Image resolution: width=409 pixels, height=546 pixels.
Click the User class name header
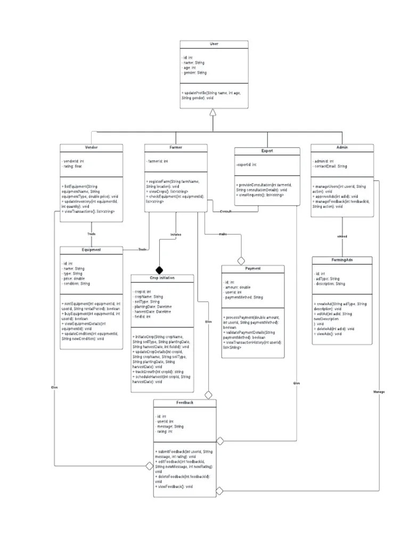(213, 44)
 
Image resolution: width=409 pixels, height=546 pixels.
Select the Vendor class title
(91, 147)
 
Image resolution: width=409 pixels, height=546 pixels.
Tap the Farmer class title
(176, 147)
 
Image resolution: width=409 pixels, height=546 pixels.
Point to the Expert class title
(267, 151)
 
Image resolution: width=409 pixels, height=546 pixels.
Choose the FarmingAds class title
(341, 260)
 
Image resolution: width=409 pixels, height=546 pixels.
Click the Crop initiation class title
(162, 278)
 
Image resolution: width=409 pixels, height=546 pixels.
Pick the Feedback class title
(185, 403)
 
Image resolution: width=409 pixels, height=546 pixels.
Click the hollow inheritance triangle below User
(213, 112)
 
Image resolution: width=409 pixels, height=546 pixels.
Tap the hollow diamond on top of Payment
(241, 261)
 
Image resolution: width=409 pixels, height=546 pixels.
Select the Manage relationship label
(379, 392)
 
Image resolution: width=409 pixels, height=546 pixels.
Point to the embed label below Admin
(342, 236)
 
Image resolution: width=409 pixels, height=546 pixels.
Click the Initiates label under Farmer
(176, 234)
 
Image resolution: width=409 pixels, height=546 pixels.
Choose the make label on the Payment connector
(222, 234)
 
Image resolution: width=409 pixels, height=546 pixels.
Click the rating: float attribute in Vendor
(73, 166)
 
